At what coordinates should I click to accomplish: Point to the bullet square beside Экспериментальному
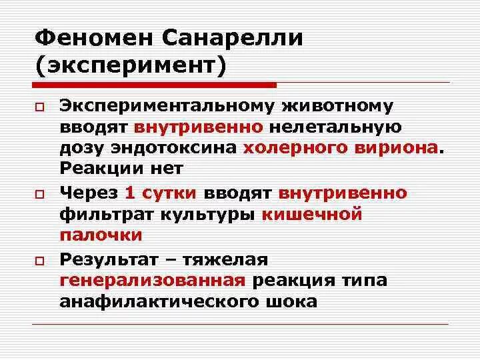point(39,107)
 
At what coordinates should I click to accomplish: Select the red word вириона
point(395,148)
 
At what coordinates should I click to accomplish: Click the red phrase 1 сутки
point(160,193)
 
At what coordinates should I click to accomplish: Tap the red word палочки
point(101,235)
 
